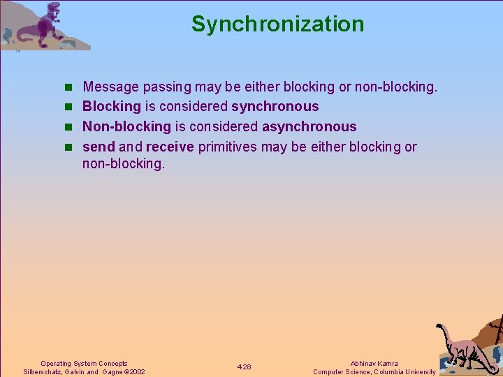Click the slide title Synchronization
277,24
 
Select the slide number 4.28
244,367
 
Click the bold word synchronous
275,107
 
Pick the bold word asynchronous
309,127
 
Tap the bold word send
99,147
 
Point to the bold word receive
170,147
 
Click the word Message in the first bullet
111,87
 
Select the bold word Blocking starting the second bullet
112,107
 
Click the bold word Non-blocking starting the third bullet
126,127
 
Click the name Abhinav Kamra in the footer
374,364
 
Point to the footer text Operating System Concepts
84,364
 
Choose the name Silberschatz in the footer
44,372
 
